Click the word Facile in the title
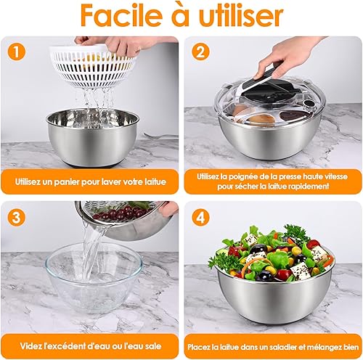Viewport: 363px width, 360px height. click(x=121, y=15)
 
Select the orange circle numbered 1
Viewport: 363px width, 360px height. click(x=17, y=52)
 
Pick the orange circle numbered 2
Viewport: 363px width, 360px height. click(x=200, y=52)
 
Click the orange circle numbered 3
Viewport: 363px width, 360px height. click(x=17, y=218)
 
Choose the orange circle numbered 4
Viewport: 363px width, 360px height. click(x=200, y=218)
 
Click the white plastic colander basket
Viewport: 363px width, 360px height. click(x=93, y=65)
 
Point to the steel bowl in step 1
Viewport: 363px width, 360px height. click(x=93, y=137)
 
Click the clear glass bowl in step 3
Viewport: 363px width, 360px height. click(x=94, y=278)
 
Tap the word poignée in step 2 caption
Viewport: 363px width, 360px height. click(x=243, y=176)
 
